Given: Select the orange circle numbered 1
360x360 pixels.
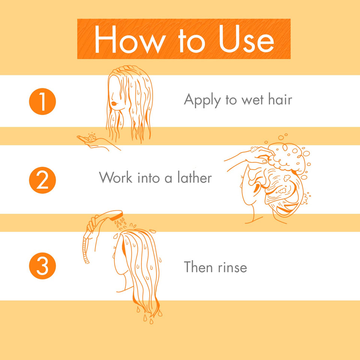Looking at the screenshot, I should click(42, 101).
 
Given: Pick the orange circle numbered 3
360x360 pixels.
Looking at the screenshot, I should click(42, 266).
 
